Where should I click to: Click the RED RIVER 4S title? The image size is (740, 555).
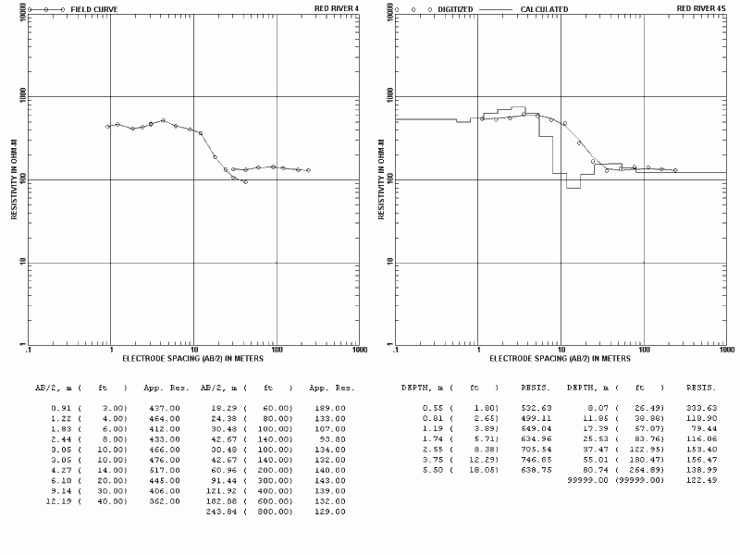pos(700,8)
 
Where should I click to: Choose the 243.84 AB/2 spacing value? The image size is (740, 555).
pos(222,511)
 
